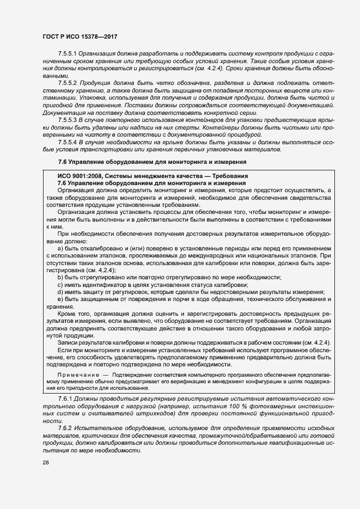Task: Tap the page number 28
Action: tap(46, 462)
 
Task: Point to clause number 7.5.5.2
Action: tap(68, 81)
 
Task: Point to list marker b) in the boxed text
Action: tap(60, 277)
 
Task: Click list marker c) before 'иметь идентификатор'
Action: tap(60, 285)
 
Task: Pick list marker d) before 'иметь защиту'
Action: tap(60, 292)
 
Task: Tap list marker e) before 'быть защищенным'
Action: tap(60, 299)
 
